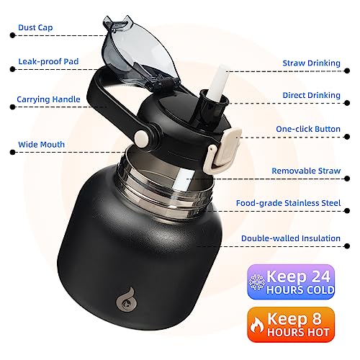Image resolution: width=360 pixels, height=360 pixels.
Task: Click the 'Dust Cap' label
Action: point(35,27)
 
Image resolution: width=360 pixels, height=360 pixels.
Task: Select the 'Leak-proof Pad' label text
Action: point(48,61)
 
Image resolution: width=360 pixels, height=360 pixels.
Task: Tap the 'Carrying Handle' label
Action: point(48,99)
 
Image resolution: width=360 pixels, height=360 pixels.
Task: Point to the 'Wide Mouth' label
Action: point(41,145)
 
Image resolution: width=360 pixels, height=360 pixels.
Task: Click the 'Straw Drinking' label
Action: point(311,63)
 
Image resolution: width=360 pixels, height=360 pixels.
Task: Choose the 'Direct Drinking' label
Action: point(311,95)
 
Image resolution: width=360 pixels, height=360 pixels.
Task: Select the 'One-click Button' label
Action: point(308,129)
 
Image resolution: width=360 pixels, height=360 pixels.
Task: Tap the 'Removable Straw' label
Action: point(306,171)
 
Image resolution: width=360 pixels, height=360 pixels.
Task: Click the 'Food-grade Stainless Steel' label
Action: point(288,203)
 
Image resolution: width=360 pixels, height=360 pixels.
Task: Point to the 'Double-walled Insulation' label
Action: point(291,238)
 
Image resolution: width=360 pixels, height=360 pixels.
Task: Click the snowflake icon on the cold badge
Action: point(256,282)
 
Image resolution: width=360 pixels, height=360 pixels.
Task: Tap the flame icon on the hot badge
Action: point(257,325)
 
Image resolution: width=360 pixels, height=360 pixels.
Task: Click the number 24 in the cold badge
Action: point(318,276)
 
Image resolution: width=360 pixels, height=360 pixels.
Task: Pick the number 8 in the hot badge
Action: point(317,319)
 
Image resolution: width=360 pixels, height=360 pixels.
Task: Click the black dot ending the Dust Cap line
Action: point(12,35)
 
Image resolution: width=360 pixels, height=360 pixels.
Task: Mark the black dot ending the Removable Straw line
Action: point(347,179)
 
